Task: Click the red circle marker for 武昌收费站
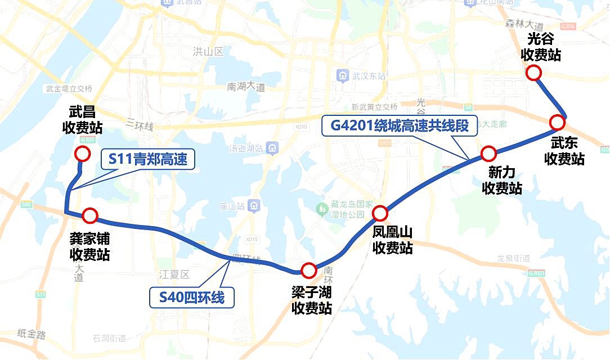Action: [82, 154]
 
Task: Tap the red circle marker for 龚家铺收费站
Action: [90, 215]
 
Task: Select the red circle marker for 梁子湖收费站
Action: [308, 271]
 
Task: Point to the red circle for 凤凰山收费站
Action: [380, 213]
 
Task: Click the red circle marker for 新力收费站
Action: [488, 153]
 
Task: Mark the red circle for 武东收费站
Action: [557, 122]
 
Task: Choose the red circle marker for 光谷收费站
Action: [533, 73]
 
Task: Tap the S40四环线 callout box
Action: [191, 297]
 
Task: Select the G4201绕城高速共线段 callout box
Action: [400, 125]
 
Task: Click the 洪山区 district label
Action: [208, 52]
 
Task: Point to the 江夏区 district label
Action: [175, 274]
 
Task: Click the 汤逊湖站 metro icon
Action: [272, 148]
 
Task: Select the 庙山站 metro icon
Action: [255, 206]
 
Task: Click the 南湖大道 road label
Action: [246, 87]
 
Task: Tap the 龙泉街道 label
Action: [514, 258]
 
